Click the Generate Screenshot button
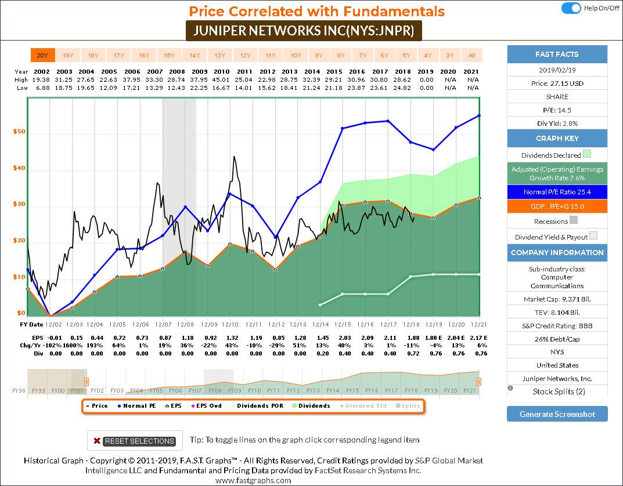[557, 414]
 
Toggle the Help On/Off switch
[571, 8]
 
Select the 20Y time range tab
[42, 55]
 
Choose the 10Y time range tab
[296, 55]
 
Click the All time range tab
[471, 55]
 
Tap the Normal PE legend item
[138, 406]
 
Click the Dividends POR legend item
[257, 406]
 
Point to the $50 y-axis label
[19, 132]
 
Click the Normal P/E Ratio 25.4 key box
[557, 192]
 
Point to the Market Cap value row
[557, 299]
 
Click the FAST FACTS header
[557, 54]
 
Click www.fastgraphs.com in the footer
[253, 480]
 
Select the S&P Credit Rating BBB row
[557, 326]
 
